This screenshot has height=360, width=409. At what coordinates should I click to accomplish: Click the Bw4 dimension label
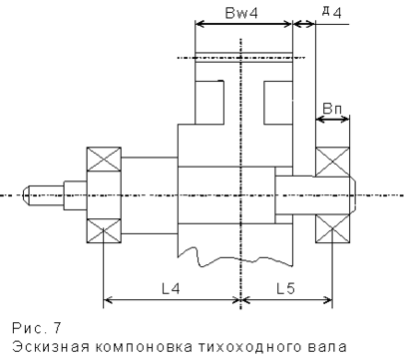point(241,13)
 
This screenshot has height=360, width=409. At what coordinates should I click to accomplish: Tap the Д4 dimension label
point(332,12)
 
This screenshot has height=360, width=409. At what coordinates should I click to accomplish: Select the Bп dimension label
point(332,108)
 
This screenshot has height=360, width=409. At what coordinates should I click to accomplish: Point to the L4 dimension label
point(171,288)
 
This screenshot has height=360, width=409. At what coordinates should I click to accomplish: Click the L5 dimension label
point(286,288)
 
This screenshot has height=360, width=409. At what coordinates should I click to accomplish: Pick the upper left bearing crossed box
point(104,159)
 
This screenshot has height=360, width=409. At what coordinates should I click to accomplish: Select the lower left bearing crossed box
point(104,231)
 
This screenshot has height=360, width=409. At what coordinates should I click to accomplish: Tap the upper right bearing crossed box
point(332,162)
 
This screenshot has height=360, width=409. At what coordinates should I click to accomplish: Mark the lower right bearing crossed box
point(332,228)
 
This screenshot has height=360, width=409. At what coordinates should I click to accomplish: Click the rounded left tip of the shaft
point(26,195)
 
